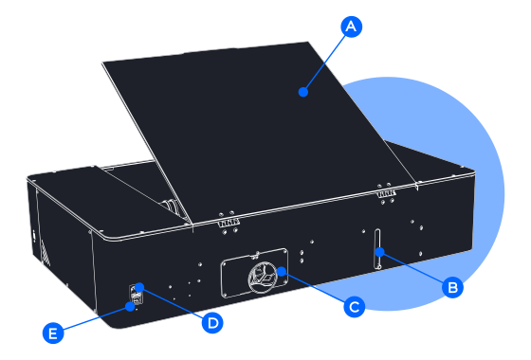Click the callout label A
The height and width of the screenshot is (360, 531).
tap(352, 27)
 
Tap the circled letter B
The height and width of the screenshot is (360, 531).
tap(453, 287)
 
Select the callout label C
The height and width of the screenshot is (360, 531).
tap(355, 307)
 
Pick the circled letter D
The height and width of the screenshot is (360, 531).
tap(212, 323)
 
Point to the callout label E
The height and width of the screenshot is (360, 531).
tap(53, 333)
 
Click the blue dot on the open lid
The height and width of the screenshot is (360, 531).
tap(303, 92)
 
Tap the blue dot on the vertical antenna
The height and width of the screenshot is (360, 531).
tap(380, 252)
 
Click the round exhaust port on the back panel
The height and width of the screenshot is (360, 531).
tap(263, 278)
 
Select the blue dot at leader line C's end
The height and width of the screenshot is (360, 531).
tap(282, 271)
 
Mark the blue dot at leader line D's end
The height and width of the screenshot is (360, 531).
tap(139, 287)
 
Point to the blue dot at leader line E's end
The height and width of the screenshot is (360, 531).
tap(130, 307)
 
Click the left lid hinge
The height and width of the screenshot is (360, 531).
tap(229, 223)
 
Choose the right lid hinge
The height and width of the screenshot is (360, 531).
tap(387, 193)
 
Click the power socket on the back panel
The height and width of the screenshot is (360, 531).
tap(136, 295)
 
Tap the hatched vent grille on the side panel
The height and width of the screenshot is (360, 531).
tap(46, 252)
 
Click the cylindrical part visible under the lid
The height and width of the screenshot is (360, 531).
tap(173, 207)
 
